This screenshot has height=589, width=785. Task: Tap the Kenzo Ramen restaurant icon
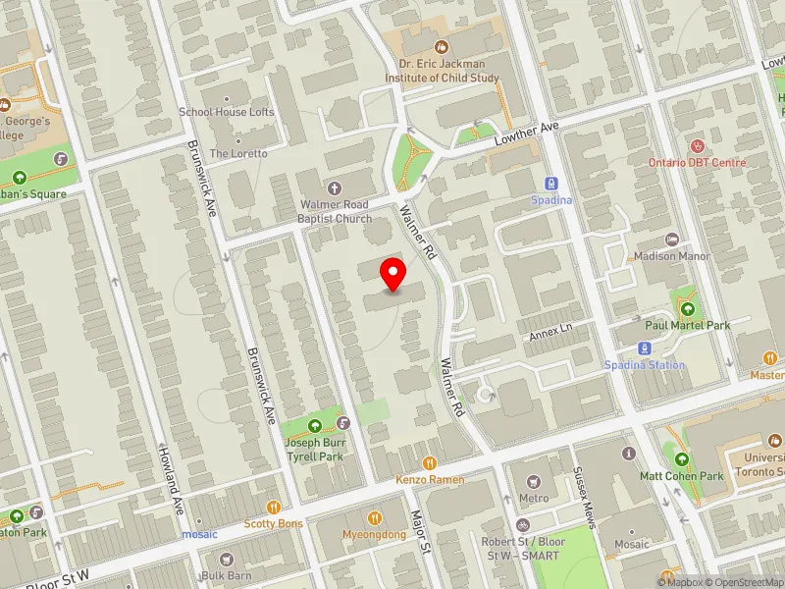tap(429, 462)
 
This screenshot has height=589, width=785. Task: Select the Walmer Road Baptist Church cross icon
tap(336, 187)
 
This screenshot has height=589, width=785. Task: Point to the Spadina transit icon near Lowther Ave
tap(551, 183)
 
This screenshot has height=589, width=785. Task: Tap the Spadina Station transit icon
tap(645, 348)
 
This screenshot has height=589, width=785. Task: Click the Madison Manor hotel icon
tap(672, 240)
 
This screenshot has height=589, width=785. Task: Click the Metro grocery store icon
tap(533, 482)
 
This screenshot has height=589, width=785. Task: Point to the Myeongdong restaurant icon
tap(374, 517)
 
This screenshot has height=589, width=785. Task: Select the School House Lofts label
tap(227, 112)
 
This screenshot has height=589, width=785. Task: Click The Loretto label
tap(238, 154)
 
